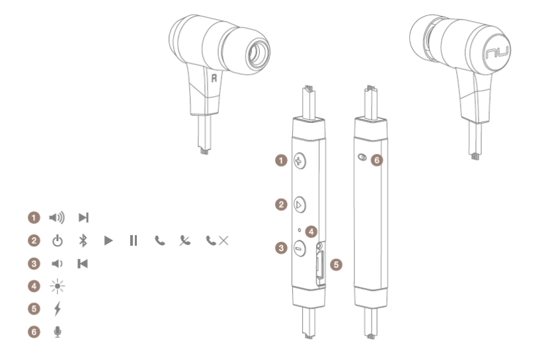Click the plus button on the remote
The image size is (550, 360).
299,161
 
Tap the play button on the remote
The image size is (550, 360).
299,205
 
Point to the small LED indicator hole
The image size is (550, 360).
299,231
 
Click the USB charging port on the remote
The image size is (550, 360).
319,265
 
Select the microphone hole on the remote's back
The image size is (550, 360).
362,157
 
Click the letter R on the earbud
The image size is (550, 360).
214,78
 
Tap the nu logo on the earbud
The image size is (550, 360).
496,53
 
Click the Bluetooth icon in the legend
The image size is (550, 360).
83,240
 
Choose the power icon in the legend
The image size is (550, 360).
58,241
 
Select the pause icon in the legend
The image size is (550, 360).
134,240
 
